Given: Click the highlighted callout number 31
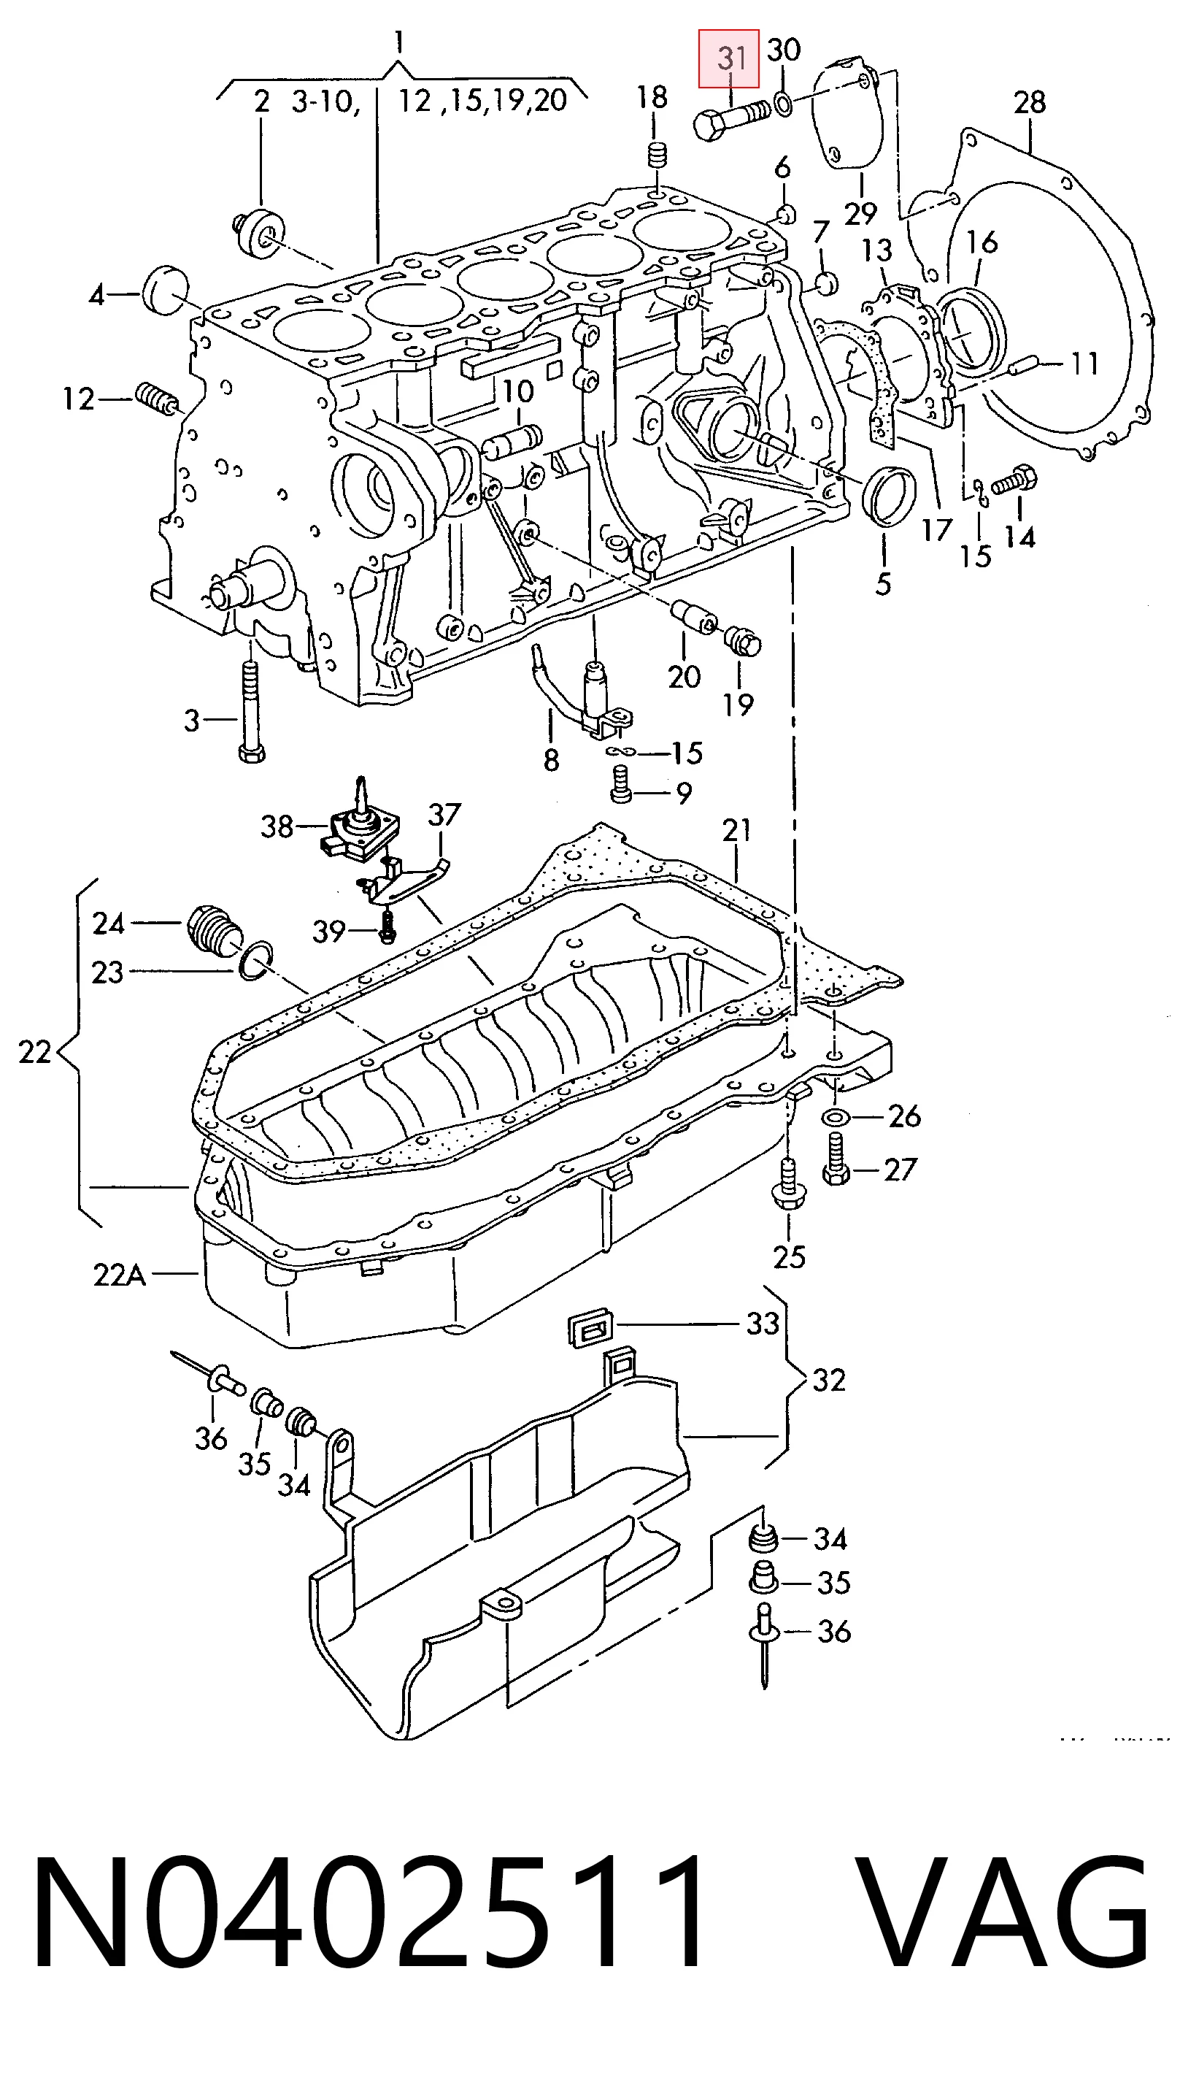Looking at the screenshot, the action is coord(732,58).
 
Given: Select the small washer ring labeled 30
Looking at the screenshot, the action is coord(783,103).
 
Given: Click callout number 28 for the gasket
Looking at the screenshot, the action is coord(1029,103).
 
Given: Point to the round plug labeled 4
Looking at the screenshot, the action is coord(166,289).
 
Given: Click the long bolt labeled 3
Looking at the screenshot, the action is coord(250,712).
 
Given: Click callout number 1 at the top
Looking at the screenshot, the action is coord(398,42).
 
